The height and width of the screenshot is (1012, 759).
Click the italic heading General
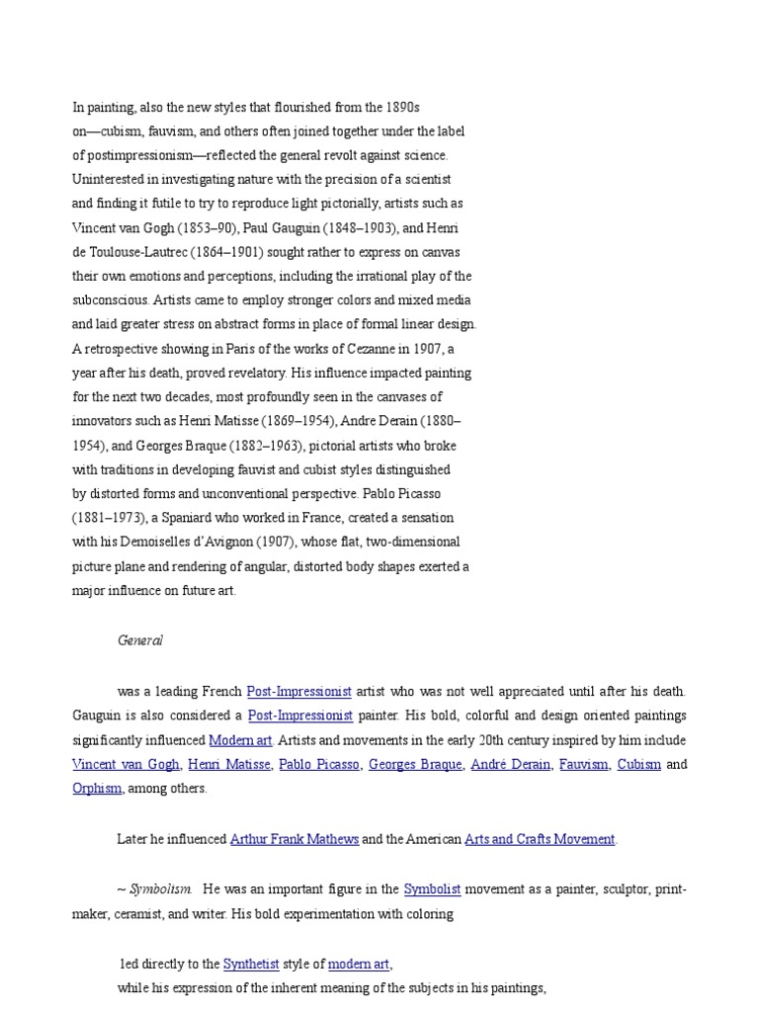pos(139,640)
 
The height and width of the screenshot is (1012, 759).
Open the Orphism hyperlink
pos(97,788)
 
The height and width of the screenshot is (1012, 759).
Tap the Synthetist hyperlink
pos(250,964)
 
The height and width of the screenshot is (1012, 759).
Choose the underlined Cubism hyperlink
pos(638,764)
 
